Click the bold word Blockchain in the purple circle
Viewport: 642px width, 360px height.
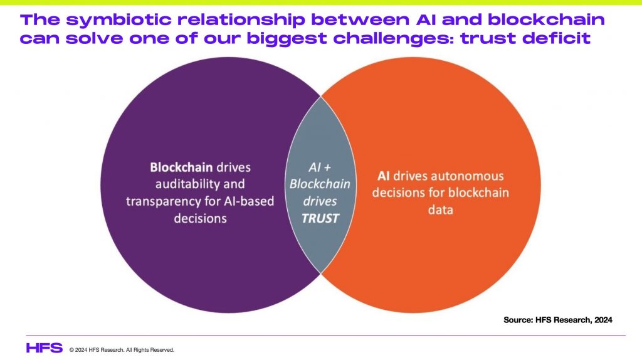point(181,167)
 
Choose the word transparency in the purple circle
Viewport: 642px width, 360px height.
point(173,201)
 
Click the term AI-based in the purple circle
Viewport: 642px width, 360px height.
point(249,201)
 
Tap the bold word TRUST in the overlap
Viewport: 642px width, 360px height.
point(320,218)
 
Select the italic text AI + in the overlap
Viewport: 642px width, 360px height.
point(320,167)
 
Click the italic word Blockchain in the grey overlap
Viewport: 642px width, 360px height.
point(320,184)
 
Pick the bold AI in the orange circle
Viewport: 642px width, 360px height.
point(383,176)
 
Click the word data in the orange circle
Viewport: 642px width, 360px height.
point(441,209)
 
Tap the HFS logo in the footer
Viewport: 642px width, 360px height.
point(45,348)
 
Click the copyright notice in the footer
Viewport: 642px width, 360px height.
point(122,350)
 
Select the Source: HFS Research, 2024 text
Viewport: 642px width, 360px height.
point(557,320)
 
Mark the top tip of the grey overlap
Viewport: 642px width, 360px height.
point(320,97)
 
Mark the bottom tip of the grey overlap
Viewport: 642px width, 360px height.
point(320,273)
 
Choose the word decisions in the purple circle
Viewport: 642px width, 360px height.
point(200,218)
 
